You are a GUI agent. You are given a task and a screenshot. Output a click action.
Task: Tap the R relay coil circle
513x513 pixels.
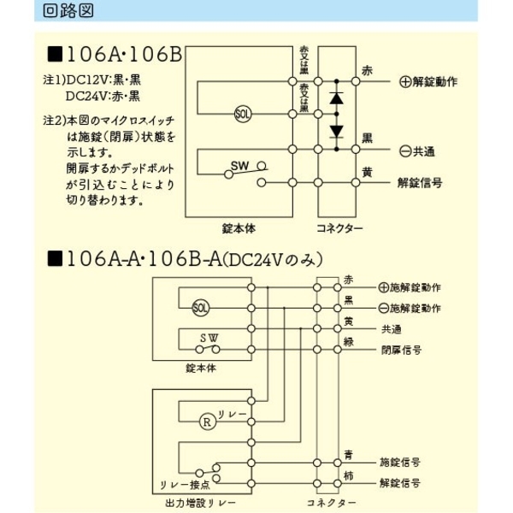click(206, 420)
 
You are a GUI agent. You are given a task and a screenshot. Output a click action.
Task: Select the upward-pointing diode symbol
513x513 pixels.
click(336, 97)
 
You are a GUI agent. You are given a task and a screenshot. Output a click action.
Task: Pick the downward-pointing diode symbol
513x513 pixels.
click(336, 131)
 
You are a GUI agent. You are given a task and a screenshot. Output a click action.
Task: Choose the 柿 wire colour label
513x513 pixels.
click(348, 476)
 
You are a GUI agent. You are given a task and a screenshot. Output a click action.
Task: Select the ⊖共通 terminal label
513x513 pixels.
click(416, 150)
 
